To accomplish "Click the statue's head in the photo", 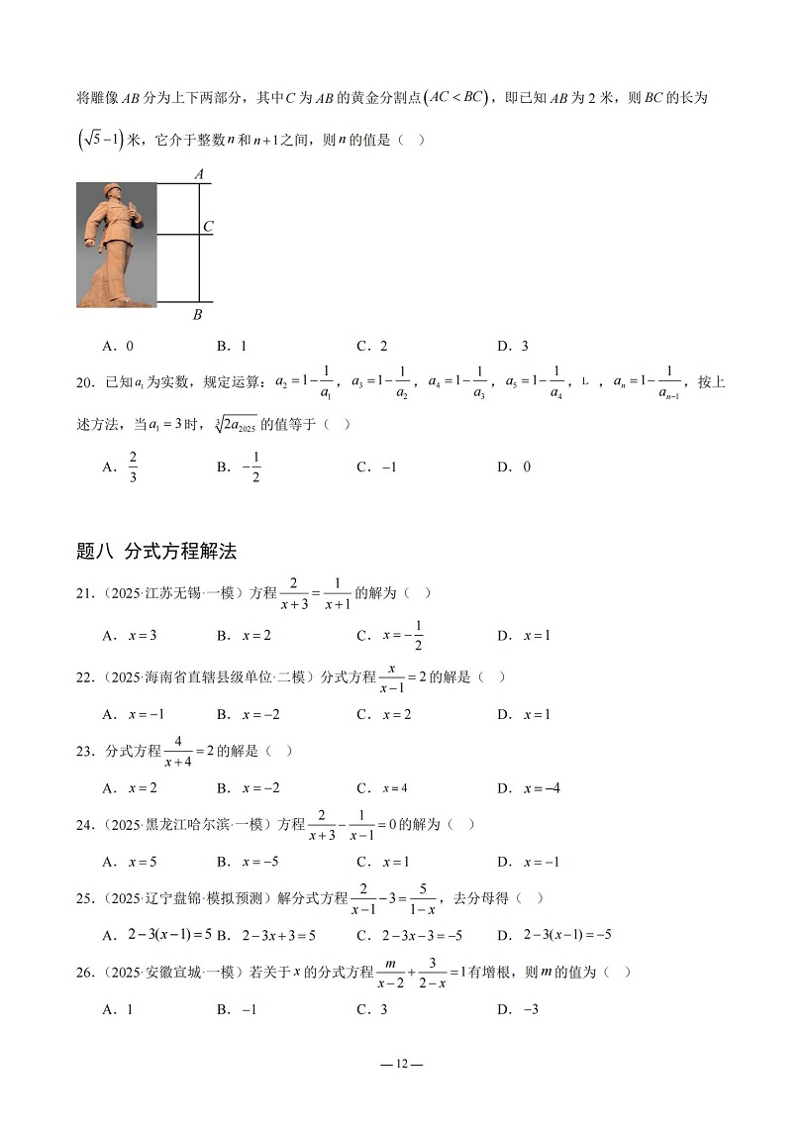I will [112, 194].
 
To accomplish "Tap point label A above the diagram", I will [199, 174].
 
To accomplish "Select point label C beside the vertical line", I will [208, 227].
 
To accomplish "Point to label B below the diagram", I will [197, 315].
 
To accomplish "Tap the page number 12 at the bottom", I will [401, 1064].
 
